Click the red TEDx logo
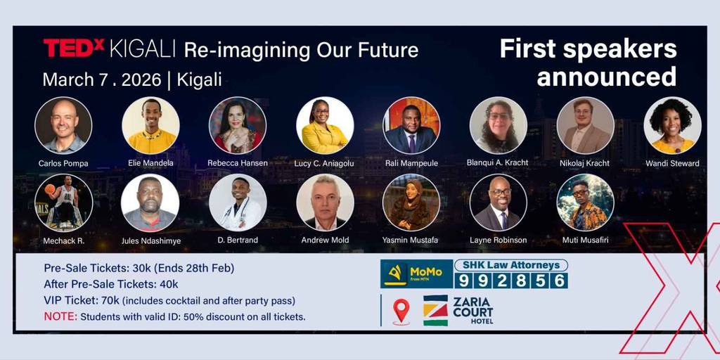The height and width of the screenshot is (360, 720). coord(74,49)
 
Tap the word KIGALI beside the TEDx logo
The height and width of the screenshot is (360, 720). coord(143,49)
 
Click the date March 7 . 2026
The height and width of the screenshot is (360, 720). coord(102,80)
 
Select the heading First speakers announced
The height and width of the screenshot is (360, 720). coord(589,63)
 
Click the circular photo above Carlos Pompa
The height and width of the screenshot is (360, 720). coord(63,125)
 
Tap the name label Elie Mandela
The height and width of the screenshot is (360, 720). coord(151,163)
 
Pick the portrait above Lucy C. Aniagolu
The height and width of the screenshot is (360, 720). coord(325,125)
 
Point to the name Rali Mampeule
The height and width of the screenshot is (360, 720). coord(411,163)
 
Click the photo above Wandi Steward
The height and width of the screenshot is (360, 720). coord(672,125)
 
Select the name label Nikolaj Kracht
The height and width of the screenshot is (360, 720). coord(586,163)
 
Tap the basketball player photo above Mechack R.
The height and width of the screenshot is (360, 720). coord(63,202)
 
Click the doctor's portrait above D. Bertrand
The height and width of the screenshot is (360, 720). coord(238,202)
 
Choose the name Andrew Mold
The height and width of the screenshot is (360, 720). coord(325,240)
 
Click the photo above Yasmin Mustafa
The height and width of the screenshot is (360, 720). coord(411,202)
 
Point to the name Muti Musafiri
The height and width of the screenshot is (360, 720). coord(585,240)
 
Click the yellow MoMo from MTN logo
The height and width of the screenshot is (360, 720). coord(416,274)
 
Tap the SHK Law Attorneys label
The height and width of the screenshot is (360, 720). coord(510,265)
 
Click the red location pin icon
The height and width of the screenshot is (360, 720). coord(401,311)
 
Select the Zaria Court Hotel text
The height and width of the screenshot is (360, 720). coord(473,310)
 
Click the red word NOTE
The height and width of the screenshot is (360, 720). coord(60,317)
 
